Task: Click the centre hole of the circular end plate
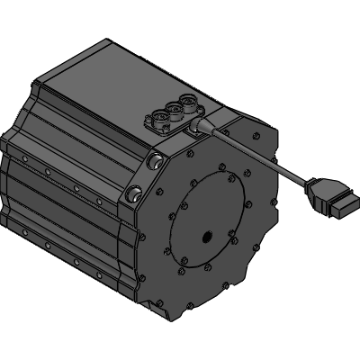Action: coord(207,238)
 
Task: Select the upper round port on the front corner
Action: coord(156,162)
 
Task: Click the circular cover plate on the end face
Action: coord(209,220)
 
